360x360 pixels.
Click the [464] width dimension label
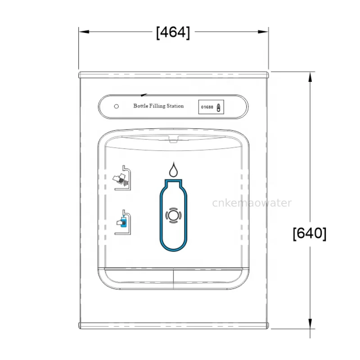pyautogui.click(x=173, y=32)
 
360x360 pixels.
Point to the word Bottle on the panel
pyautogui.click(x=141, y=106)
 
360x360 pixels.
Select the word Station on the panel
pyautogui.click(x=176, y=106)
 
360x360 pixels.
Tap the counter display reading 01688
pyautogui.click(x=207, y=108)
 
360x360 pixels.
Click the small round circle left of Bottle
pyautogui.click(x=117, y=107)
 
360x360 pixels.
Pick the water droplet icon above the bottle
pyautogui.click(x=173, y=170)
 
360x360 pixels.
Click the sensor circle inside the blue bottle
pyautogui.click(x=173, y=215)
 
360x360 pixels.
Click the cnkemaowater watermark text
pyautogui.click(x=252, y=203)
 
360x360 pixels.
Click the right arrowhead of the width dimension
pyautogui.click(x=265, y=32)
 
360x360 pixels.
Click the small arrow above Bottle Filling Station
pyautogui.click(x=144, y=95)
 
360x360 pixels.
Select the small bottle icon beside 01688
pyautogui.click(x=219, y=108)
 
